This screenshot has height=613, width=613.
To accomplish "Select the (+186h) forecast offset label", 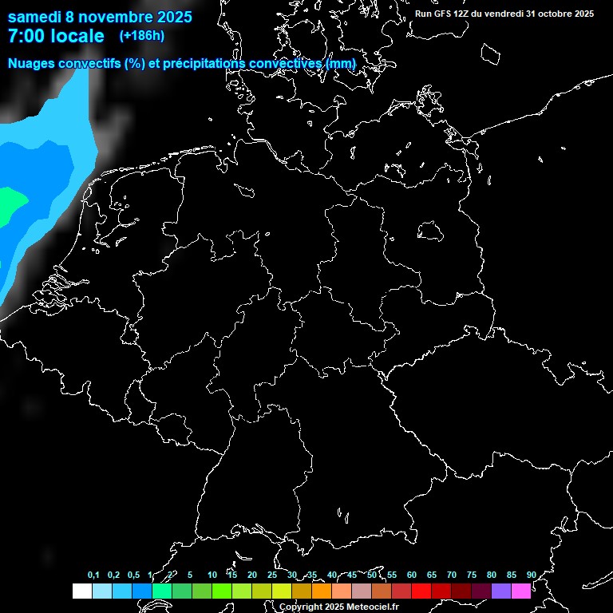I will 141,36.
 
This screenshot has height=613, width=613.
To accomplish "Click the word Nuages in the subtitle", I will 33,64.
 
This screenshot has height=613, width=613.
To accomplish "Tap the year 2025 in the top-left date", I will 170,17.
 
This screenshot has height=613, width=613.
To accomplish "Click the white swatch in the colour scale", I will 81,591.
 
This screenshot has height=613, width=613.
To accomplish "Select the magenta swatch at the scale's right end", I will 521,591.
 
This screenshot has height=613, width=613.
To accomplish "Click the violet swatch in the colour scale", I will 501,591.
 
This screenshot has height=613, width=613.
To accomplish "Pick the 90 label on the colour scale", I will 531,575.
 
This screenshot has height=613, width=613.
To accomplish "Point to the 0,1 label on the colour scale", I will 93,575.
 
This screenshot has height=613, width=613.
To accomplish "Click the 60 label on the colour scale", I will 411,575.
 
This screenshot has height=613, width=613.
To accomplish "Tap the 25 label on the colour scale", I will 271,575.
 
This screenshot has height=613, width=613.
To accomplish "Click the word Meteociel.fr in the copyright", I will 370,607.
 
